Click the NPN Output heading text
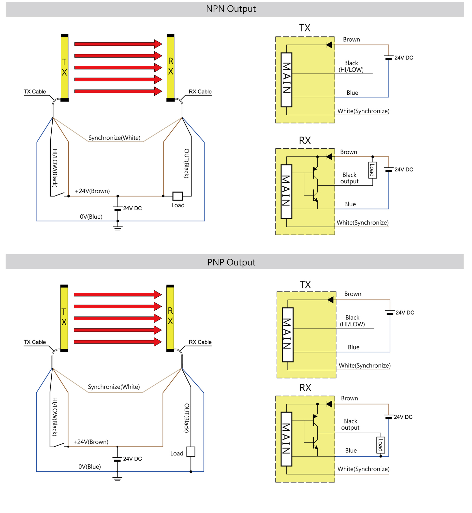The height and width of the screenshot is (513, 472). (231, 9)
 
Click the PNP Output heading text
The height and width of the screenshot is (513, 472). (231, 262)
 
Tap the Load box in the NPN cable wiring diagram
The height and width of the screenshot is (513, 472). (177, 196)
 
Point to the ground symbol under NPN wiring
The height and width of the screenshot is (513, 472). (118, 228)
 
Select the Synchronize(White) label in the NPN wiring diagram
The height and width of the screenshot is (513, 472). (114, 138)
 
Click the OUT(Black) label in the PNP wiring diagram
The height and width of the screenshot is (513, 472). (187, 418)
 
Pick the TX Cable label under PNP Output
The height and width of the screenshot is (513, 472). (35, 342)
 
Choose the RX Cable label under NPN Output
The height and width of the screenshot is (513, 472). (200, 92)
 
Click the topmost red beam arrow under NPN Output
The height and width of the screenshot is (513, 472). (118, 44)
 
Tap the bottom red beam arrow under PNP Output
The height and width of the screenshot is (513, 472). (118, 342)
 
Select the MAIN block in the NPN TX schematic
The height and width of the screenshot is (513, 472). (286, 80)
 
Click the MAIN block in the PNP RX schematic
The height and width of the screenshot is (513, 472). (286, 439)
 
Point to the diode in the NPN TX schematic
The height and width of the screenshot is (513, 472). (329, 45)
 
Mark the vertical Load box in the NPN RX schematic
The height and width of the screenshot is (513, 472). (372, 170)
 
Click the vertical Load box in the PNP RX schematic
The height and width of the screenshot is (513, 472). (381, 445)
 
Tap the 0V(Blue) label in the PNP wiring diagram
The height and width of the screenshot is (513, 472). (89, 467)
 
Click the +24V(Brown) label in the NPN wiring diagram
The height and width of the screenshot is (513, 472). (92, 191)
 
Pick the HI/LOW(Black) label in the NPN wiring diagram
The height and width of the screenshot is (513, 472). (55, 168)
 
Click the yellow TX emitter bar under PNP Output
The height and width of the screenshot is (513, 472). (64, 318)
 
